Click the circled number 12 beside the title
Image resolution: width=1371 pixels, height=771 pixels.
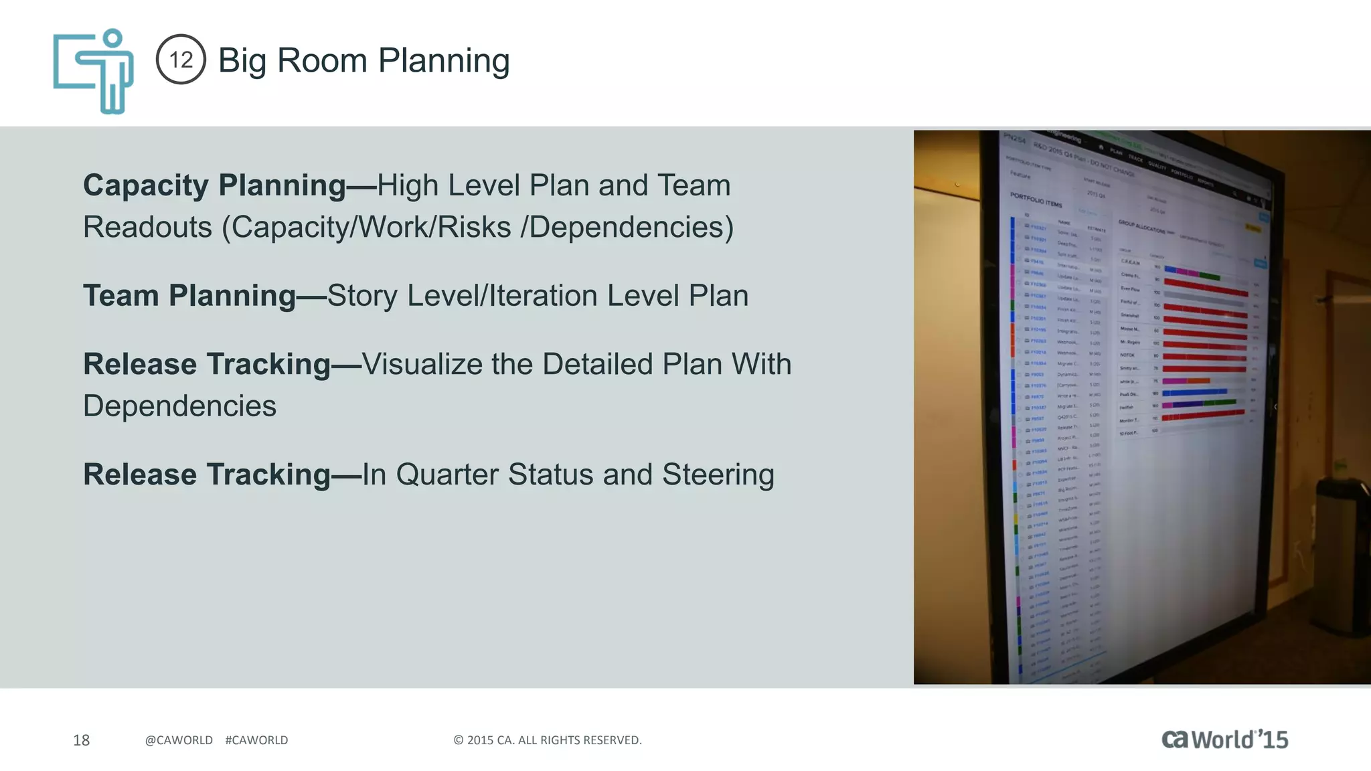pos(181,60)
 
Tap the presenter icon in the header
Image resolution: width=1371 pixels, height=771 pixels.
pos(94,70)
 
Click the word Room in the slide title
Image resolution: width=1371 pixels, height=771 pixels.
pos(321,60)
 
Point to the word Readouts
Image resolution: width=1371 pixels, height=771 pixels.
pos(147,227)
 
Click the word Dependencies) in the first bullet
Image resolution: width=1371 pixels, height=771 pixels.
pos(631,227)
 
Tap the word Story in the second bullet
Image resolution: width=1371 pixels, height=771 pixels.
pos(361,295)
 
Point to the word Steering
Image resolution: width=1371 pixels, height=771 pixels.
pos(718,475)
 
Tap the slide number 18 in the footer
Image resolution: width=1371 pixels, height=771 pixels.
pos(81,740)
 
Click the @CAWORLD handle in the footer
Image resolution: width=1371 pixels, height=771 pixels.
pos(179,740)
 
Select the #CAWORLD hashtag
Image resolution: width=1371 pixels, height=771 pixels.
pos(256,740)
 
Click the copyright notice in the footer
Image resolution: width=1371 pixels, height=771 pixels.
pos(547,740)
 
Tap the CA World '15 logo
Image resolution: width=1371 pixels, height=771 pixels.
pos(1224,739)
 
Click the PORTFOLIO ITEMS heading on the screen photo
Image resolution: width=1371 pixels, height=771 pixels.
pos(1036,199)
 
